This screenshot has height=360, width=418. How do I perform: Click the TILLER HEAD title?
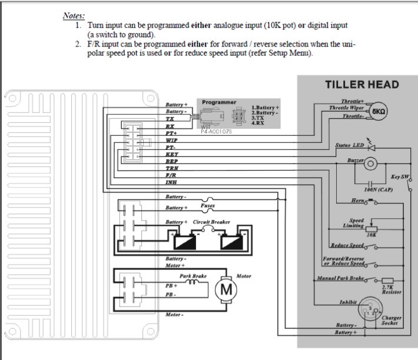point(361,84)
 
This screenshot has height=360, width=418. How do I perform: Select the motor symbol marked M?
point(226,289)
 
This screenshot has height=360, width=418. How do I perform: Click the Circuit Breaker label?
point(211,222)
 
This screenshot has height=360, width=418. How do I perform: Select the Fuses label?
point(208,206)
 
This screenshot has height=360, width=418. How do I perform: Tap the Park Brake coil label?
point(193,275)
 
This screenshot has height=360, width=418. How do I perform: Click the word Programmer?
point(219,102)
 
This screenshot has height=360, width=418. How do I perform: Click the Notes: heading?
point(74,15)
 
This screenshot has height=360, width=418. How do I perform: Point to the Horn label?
point(359,201)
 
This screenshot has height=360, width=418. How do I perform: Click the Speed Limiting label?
point(353,223)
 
